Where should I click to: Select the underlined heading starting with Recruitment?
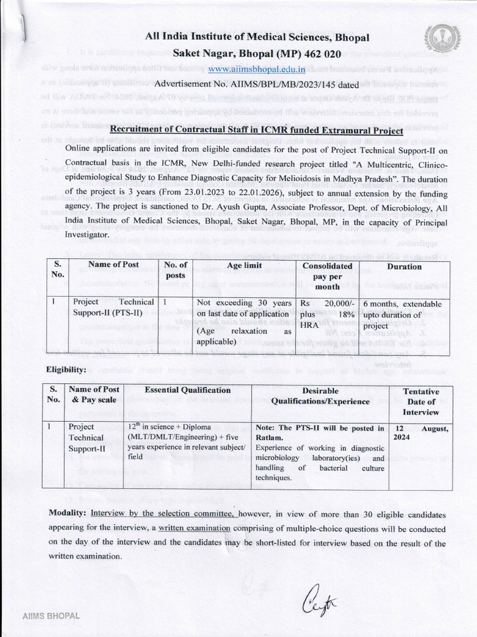(x=257, y=130)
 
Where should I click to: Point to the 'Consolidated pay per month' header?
(x=326, y=276)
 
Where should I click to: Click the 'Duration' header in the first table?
(x=404, y=266)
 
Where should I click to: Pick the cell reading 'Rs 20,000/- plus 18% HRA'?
(x=326, y=314)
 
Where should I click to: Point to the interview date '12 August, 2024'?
(x=420, y=434)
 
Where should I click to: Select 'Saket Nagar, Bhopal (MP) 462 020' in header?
(x=257, y=53)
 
